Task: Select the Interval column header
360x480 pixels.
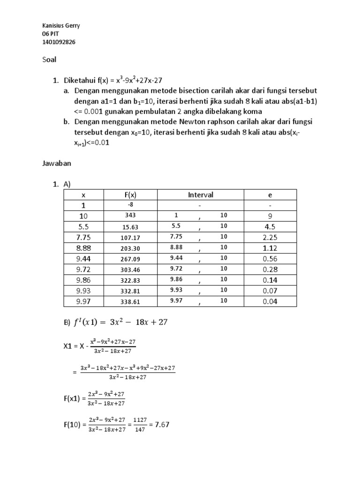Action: click(200, 195)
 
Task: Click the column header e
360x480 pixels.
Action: click(270, 195)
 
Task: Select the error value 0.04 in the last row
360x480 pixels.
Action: click(270, 301)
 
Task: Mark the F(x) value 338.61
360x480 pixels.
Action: click(131, 302)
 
